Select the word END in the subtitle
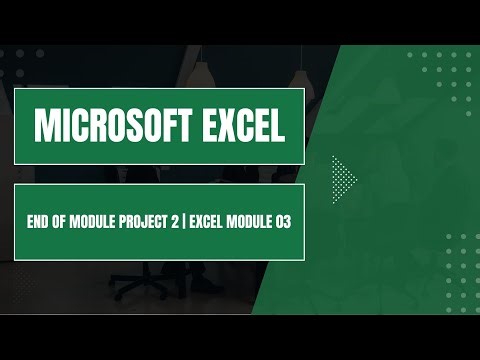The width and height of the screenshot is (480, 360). pyautogui.click(x=37, y=221)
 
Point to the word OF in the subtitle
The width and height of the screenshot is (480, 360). pyautogui.click(x=61, y=221)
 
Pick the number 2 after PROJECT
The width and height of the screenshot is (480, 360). pyautogui.click(x=176, y=221)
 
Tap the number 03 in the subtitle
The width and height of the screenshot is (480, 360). pyautogui.click(x=283, y=221)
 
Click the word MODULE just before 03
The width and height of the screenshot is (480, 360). pyautogui.click(x=251, y=221)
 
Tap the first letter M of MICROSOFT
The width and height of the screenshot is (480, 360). pyautogui.click(x=45, y=125)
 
